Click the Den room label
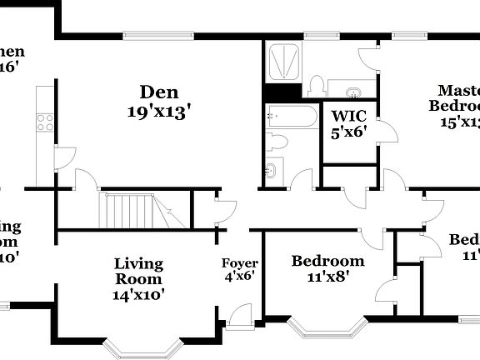point(159,92)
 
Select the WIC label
point(349,115)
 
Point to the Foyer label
point(238,264)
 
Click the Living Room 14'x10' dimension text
point(138,293)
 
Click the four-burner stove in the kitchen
point(44,122)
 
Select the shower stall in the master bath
point(283,61)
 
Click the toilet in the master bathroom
point(316,85)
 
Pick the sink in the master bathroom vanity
point(352,90)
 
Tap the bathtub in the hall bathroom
point(291,116)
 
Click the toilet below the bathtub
point(277,142)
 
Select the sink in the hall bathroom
point(271,172)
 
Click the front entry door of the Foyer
point(239,316)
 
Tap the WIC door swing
point(385,131)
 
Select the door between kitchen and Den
point(64,157)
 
